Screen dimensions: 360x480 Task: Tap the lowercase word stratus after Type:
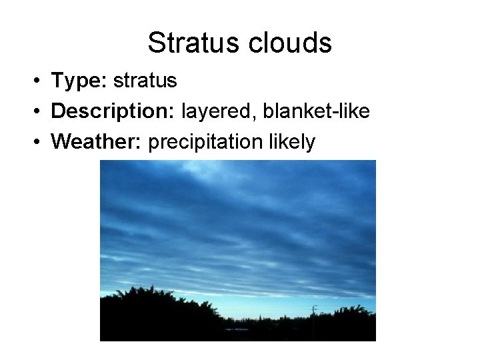pyautogui.click(x=145, y=81)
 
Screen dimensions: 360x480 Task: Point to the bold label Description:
pyautogui.click(x=111, y=111)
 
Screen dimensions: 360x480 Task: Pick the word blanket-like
pyautogui.click(x=316, y=111)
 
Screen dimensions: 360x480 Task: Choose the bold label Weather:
pyautogui.click(x=97, y=142)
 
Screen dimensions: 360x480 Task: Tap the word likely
pyautogui.click(x=289, y=142)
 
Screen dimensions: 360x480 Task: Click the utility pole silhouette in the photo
pyautogui.click(x=314, y=313)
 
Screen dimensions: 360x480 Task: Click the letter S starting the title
pyautogui.click(x=156, y=43)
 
